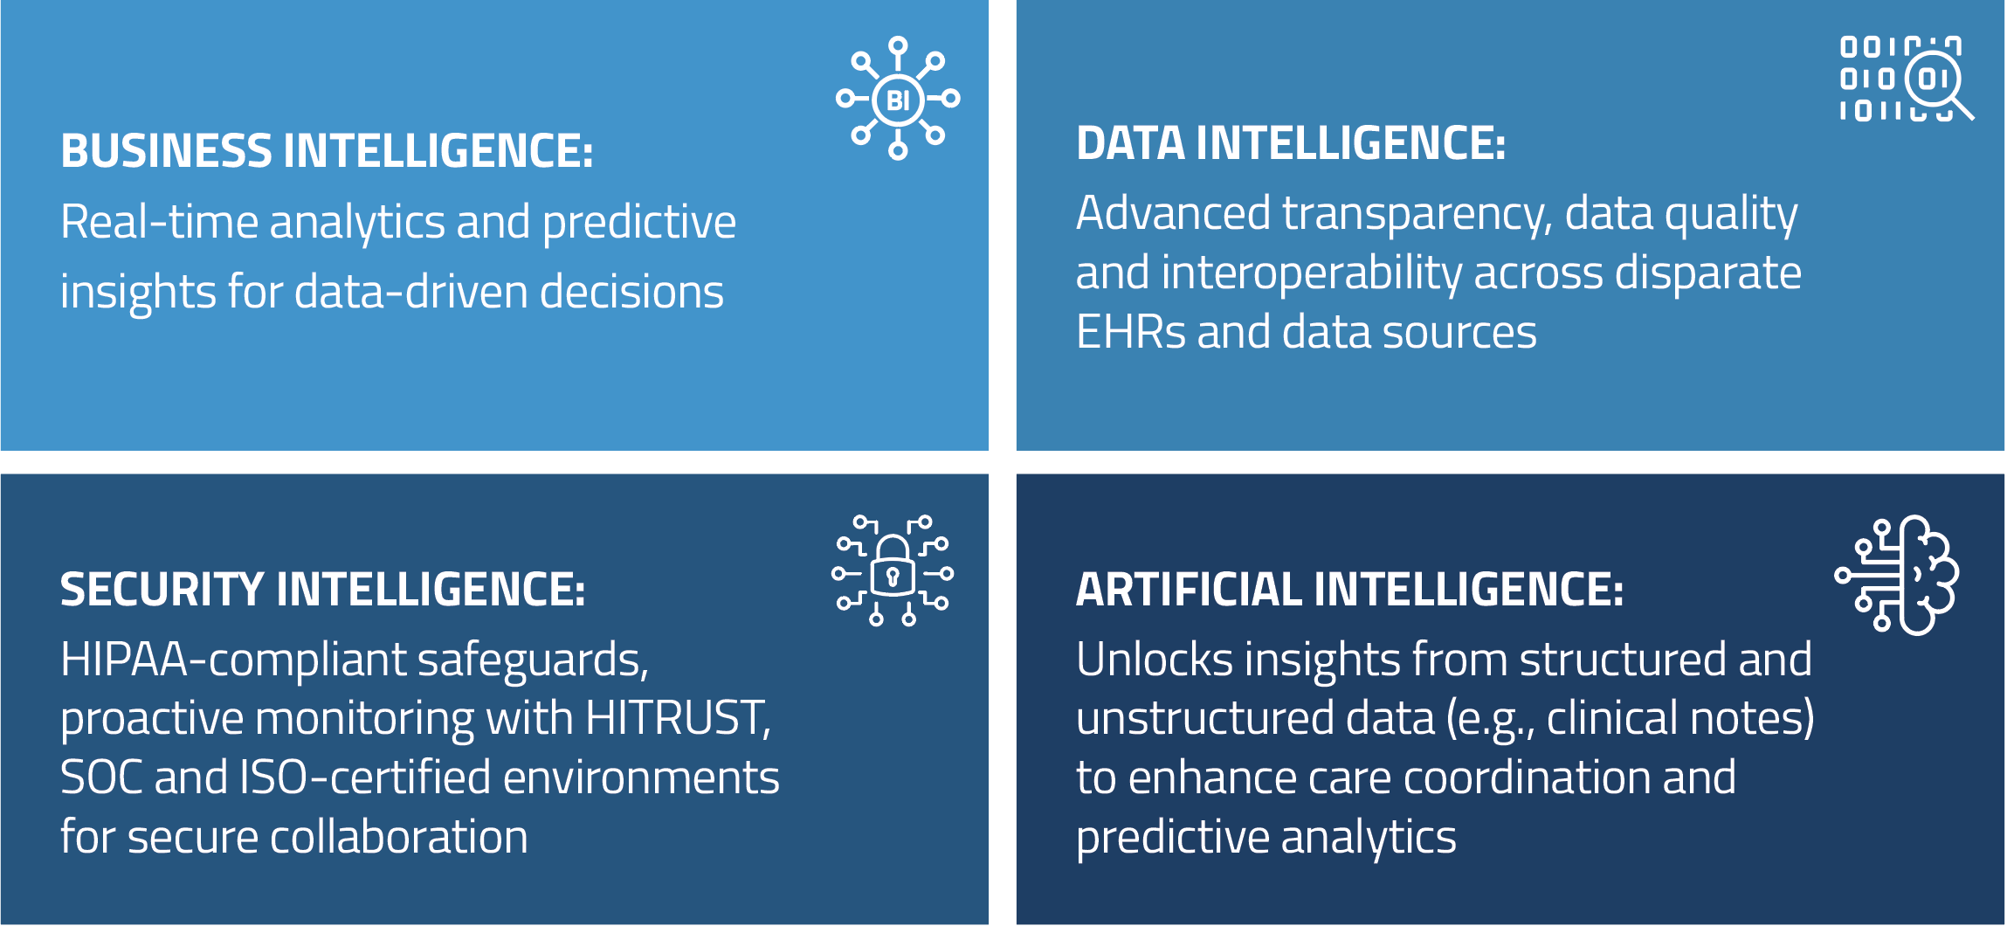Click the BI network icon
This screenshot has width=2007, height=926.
pyautogui.click(x=898, y=99)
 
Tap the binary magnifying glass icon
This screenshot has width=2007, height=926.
pyautogui.click(x=1907, y=79)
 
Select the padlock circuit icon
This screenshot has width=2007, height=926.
pyautogui.click(x=893, y=571)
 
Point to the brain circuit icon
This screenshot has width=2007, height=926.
pyautogui.click(x=1897, y=575)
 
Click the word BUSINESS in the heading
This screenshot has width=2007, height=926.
pyautogui.click(x=167, y=151)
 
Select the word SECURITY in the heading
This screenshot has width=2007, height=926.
pyautogui.click(x=162, y=589)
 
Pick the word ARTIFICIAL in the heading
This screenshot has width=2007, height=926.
pyautogui.click(x=1189, y=589)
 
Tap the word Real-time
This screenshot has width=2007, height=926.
pyautogui.click(x=159, y=221)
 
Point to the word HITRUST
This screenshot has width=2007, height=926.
pyautogui.click(x=678, y=718)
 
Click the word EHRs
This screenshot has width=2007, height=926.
pyautogui.click(x=1131, y=332)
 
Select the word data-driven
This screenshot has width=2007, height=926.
pyautogui.click(x=411, y=291)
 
